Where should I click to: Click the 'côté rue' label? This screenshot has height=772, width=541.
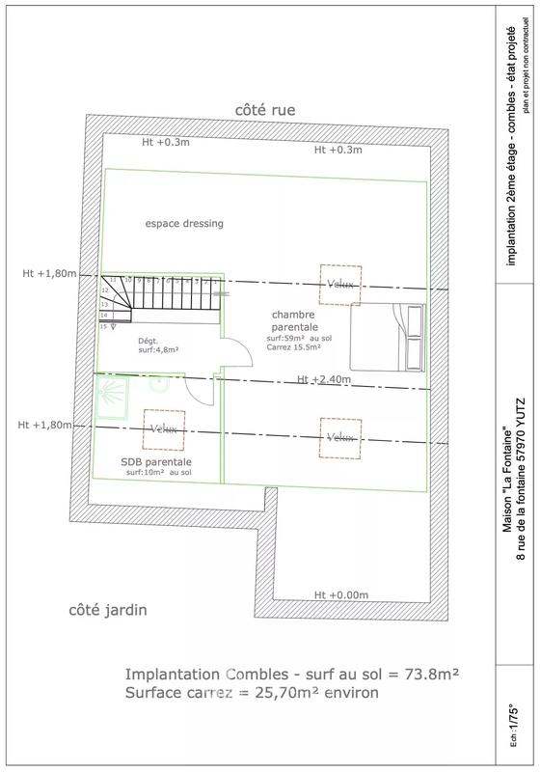click(265, 110)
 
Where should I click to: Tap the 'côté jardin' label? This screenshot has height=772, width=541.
click(109, 611)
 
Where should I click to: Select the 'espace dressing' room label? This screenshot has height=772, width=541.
click(184, 223)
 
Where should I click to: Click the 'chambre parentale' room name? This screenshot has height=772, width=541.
click(300, 321)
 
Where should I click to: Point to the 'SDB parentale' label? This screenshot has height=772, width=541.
click(156, 461)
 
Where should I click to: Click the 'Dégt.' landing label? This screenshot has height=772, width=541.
click(148, 341)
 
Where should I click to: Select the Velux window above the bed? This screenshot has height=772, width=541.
click(340, 284)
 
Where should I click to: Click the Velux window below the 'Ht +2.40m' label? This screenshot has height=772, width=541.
click(340, 437)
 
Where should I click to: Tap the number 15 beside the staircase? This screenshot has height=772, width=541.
click(104, 327)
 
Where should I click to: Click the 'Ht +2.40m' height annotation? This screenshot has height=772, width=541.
click(323, 379)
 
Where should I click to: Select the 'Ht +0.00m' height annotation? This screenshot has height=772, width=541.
click(341, 594)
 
